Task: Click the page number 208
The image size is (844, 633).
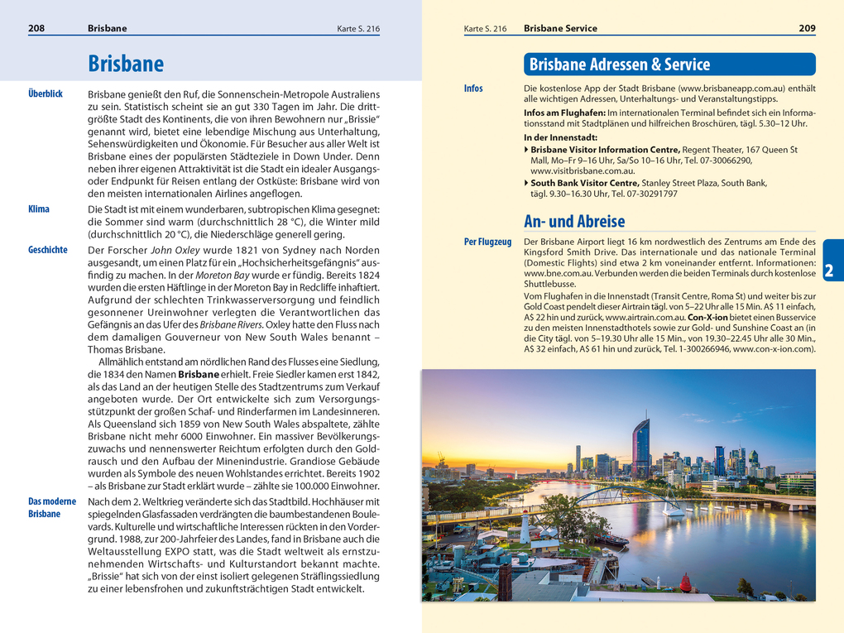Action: (36, 28)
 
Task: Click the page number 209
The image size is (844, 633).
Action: (807, 28)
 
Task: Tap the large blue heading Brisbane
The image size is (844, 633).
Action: (126, 64)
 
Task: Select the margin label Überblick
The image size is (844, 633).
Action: (46, 94)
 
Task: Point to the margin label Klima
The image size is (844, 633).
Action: (39, 209)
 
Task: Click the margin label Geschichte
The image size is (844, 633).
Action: (48, 249)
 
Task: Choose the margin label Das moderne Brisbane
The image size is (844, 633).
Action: (52, 507)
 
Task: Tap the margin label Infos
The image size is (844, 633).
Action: (473, 89)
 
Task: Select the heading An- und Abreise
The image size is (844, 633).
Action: (574, 221)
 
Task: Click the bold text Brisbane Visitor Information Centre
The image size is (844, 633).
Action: (599, 150)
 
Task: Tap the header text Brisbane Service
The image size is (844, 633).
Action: (560, 28)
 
